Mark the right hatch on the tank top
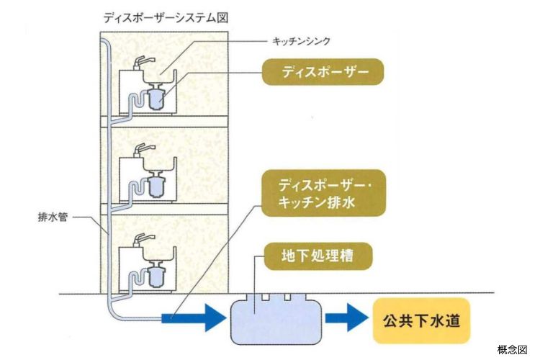[288, 296]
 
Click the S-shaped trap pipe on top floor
[133, 105]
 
